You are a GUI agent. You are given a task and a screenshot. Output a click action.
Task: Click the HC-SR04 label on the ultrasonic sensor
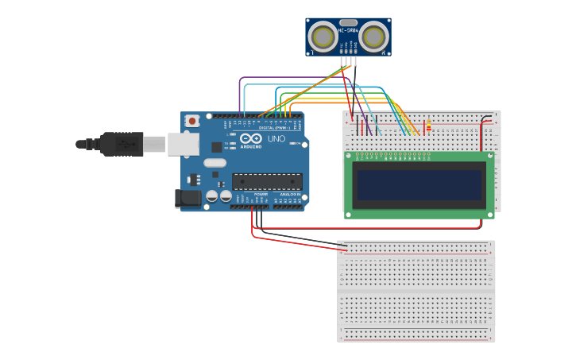[348, 31]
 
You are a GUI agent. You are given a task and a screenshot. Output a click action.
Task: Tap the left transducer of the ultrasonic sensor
[323, 37]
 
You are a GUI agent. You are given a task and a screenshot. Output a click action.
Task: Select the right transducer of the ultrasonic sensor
[374, 37]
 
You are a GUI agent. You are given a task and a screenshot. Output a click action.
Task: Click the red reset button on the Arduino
[191, 121]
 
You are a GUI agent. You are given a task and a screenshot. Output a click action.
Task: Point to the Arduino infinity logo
[250, 139]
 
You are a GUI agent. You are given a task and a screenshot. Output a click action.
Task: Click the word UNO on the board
[276, 139]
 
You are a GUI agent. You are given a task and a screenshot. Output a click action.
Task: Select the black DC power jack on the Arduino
[187, 198]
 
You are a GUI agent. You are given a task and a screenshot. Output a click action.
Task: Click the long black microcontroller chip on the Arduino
[266, 181]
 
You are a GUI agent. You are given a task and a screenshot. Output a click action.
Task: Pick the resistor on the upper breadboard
[429, 127]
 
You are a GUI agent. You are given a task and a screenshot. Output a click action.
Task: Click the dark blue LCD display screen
[419, 185]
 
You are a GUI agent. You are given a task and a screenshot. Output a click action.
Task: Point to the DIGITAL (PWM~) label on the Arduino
[274, 127]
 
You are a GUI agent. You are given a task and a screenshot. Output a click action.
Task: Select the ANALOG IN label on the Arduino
[288, 193]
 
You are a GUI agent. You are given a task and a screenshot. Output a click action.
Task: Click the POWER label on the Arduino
[261, 193]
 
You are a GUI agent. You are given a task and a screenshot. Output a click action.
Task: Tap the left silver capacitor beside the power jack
[212, 195]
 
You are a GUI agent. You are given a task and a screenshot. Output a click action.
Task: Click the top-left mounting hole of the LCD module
[349, 157]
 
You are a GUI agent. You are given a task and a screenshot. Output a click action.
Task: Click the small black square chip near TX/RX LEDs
[217, 147]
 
